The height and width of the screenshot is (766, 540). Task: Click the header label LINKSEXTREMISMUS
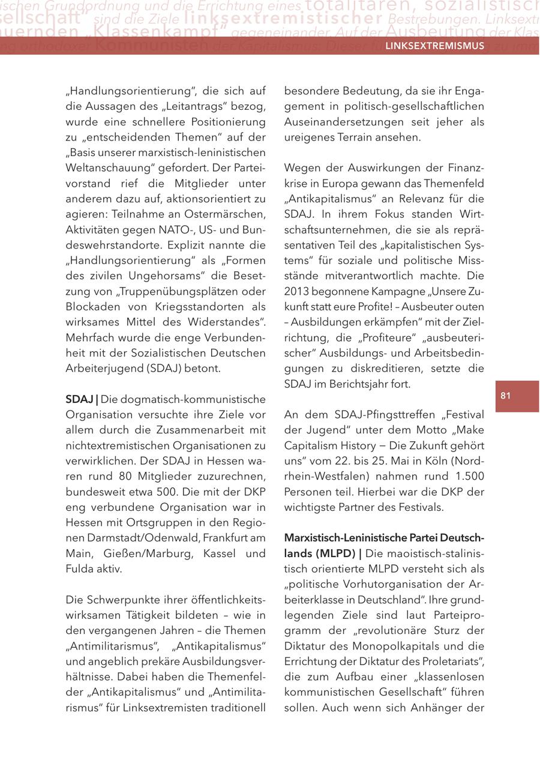click(434, 46)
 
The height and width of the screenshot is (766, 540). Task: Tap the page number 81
click(505, 396)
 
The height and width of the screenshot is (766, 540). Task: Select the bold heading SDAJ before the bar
click(79, 399)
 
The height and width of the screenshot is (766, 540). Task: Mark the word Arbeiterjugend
click(98, 368)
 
